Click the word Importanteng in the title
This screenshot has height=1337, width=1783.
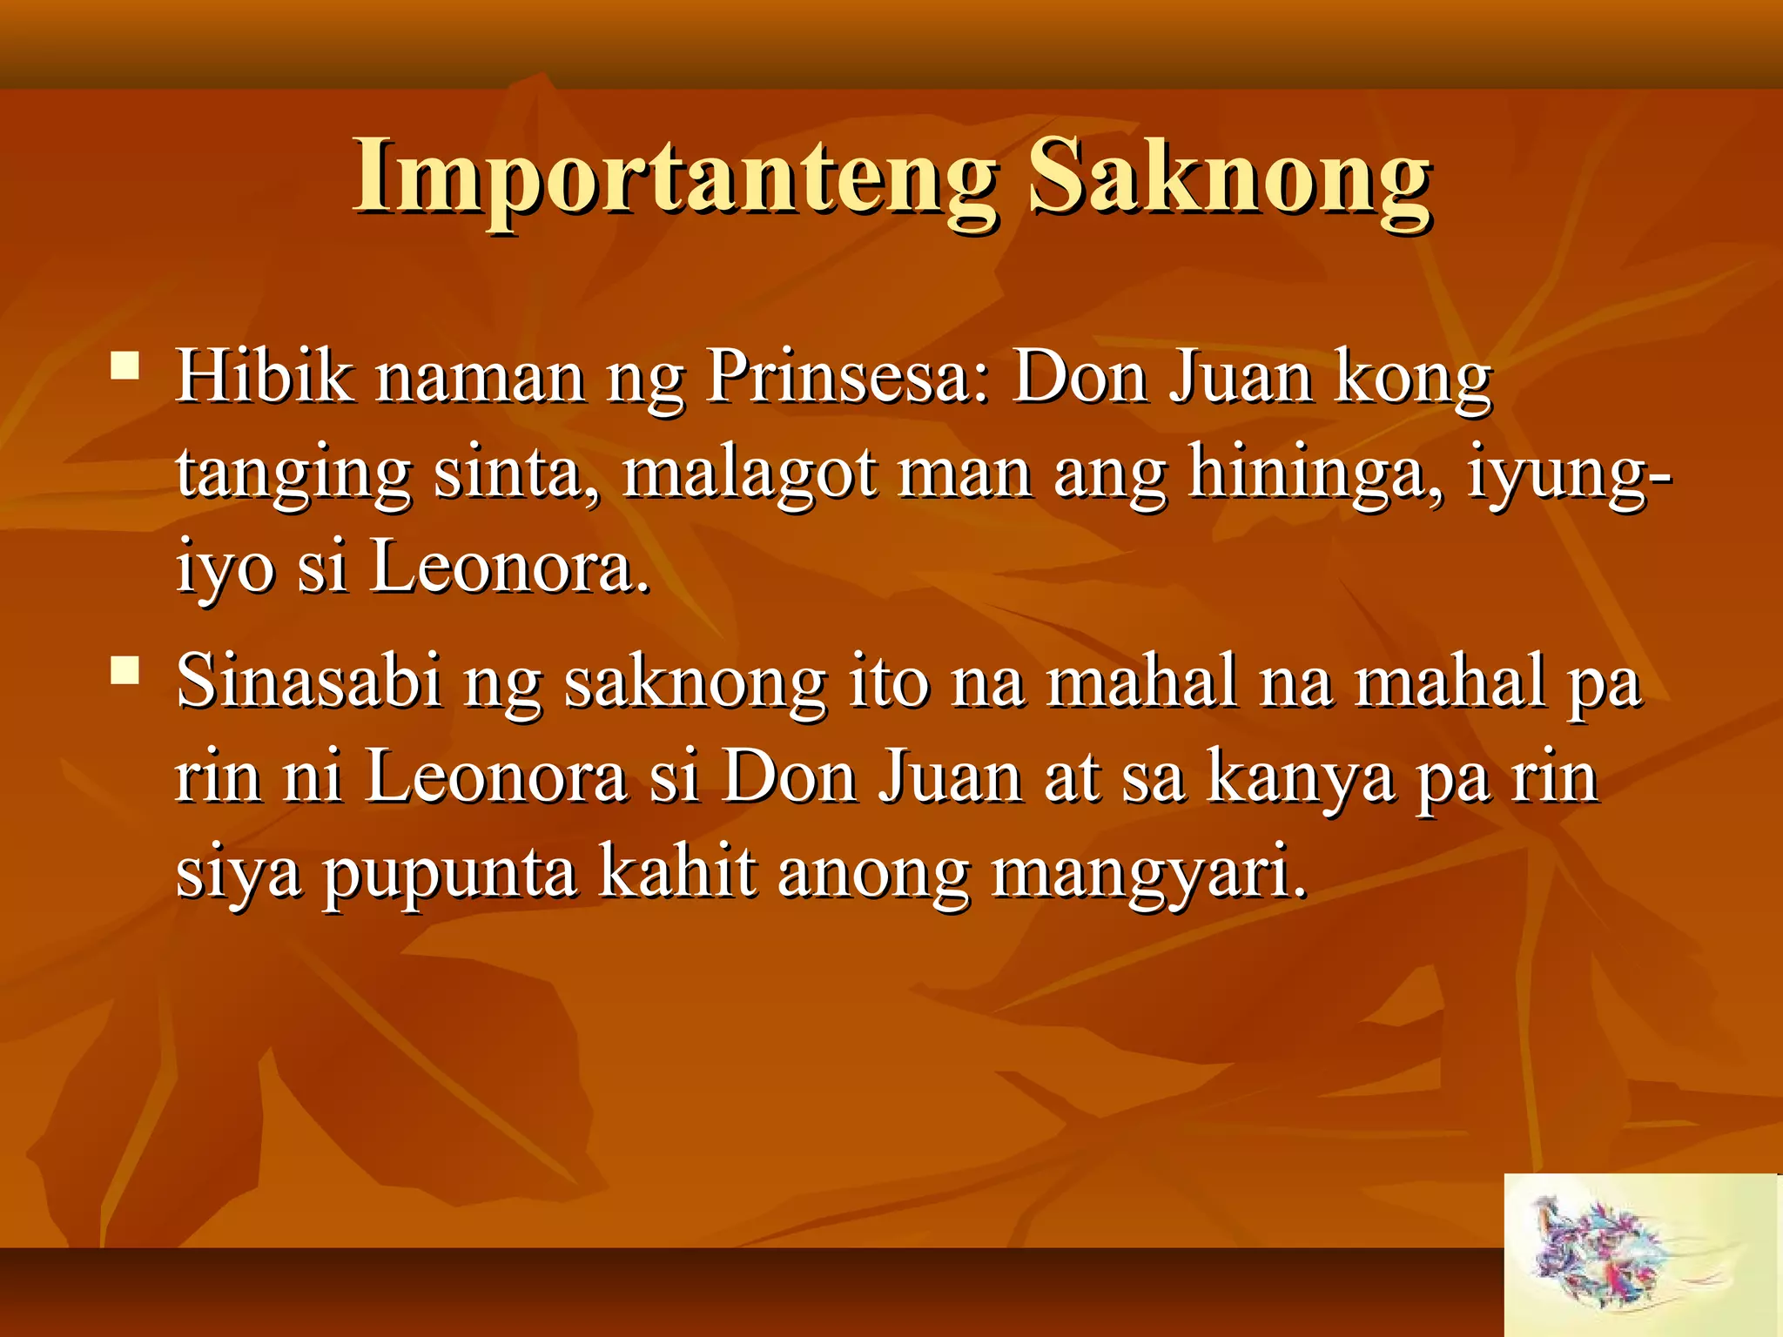click(675, 178)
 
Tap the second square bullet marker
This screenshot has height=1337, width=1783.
click(125, 670)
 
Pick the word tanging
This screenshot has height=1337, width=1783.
click(293, 474)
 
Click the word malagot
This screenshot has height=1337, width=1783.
click(749, 474)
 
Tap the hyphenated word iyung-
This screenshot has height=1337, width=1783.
click(1567, 474)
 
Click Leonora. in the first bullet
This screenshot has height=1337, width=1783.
click(510, 568)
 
